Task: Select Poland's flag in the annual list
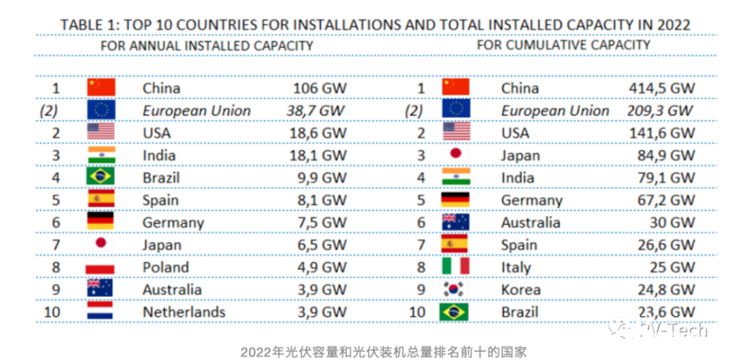coord(100,268)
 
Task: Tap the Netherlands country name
coord(184,312)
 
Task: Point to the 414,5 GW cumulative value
coord(662,89)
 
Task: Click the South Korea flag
coord(455,290)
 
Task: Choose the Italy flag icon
coord(455,268)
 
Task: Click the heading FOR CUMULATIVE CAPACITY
coord(564,45)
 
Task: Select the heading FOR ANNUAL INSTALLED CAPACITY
coord(207,45)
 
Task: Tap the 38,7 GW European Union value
coord(315,111)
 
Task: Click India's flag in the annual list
coord(100,156)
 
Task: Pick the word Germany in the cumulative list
coord(531,200)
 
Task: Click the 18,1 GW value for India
coord(315,156)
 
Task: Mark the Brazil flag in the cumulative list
coord(455,312)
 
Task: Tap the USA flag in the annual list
coord(100,133)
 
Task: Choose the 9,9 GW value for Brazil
coord(319,178)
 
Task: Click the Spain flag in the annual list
coord(100,200)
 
